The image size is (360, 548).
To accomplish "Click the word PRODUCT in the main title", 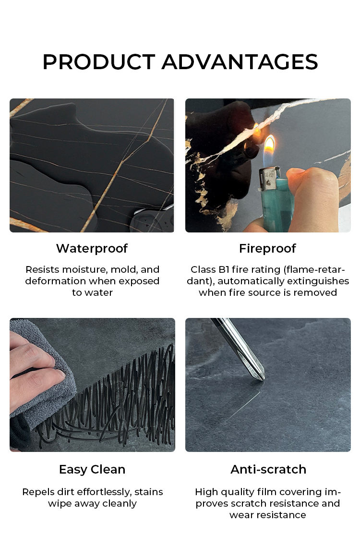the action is [99, 62].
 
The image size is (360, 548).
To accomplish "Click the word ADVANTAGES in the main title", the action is [240, 62].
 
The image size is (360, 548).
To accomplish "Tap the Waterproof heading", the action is [92, 248].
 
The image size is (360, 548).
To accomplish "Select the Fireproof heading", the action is [267, 248].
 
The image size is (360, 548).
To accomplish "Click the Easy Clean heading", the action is [92, 469].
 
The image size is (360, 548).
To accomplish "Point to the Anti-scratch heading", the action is [268, 469].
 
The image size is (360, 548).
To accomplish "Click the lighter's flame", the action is [270, 148].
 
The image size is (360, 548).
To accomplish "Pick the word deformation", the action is [56, 281].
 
